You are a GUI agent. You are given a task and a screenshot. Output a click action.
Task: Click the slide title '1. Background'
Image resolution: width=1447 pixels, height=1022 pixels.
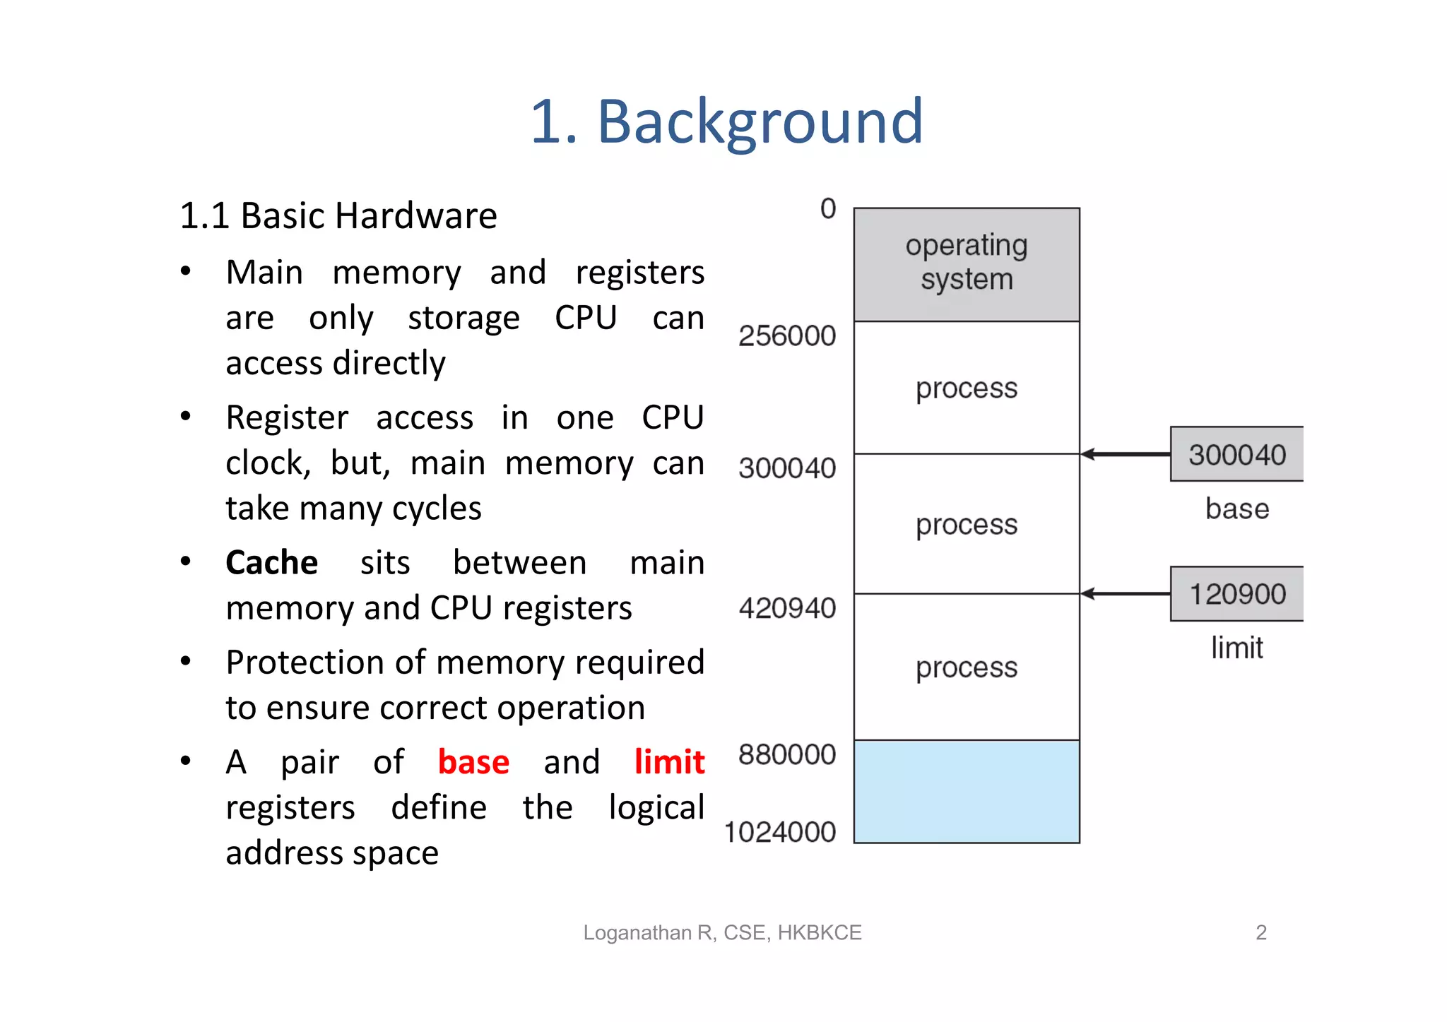726,121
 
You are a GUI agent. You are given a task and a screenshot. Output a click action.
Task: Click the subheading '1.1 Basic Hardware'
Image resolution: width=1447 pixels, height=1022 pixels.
338,215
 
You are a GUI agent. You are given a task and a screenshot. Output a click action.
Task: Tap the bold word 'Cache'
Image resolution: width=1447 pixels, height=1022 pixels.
271,563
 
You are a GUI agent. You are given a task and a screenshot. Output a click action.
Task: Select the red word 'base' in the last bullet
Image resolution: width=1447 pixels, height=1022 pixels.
473,762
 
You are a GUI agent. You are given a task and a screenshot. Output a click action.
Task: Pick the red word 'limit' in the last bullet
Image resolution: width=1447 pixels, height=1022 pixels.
669,762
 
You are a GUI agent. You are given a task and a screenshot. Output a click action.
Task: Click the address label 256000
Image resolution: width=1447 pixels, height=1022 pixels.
787,336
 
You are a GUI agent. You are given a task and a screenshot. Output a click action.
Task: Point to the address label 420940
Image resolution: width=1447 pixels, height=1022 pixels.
787,608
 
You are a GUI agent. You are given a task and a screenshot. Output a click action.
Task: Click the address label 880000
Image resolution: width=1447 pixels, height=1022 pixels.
787,754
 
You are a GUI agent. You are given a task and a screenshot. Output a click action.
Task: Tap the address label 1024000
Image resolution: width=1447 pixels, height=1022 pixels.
780,832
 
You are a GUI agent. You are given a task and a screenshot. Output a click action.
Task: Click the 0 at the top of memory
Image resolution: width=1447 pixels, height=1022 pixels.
828,209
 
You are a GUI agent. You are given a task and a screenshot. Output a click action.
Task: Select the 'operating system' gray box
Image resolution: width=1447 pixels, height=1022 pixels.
967,264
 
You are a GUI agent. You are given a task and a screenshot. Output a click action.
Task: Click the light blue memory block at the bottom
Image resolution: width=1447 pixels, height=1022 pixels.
967,792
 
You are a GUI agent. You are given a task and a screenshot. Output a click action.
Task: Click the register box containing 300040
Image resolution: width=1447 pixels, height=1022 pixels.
1236,454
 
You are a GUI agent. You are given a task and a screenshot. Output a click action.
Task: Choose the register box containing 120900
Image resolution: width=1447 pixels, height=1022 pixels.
1236,594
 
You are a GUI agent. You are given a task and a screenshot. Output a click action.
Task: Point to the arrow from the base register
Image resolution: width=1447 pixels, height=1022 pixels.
1125,454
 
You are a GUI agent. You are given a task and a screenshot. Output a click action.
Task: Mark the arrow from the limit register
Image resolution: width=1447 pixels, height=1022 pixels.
1125,594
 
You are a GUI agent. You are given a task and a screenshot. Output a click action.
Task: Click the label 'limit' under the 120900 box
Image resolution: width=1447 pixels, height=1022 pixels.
1236,648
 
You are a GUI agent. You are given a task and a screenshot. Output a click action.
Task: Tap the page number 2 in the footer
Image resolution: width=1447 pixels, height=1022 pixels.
1261,932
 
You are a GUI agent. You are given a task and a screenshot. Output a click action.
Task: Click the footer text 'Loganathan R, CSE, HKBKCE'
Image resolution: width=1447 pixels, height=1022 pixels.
722,932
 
